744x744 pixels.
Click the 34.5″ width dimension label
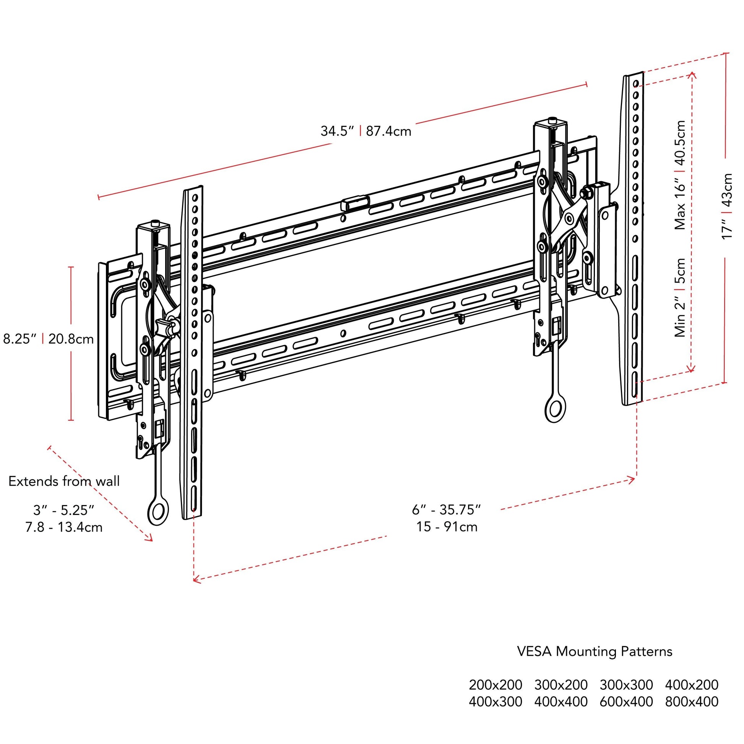pyautogui.click(x=337, y=131)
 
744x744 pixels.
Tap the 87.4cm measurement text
pyautogui.click(x=388, y=131)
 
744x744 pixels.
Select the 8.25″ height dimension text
pyautogui.click(x=19, y=339)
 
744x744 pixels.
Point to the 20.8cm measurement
pyautogui.click(x=71, y=339)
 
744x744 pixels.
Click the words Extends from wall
pyautogui.click(x=64, y=481)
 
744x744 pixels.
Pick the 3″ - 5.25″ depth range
pyautogui.click(x=63, y=510)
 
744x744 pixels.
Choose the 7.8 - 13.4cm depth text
pyautogui.click(x=64, y=527)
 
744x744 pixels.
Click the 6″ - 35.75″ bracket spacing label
pyautogui.click(x=446, y=510)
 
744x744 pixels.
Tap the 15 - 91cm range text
pyautogui.click(x=447, y=527)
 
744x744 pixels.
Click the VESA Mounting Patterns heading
pyautogui.click(x=595, y=651)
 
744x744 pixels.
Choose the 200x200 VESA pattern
pyautogui.click(x=495, y=685)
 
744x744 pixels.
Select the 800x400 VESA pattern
pyautogui.click(x=692, y=702)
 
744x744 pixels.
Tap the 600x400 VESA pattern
pyautogui.click(x=626, y=702)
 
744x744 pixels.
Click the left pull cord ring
pyautogui.click(x=158, y=513)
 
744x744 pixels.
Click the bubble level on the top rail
pyautogui.click(x=355, y=203)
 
